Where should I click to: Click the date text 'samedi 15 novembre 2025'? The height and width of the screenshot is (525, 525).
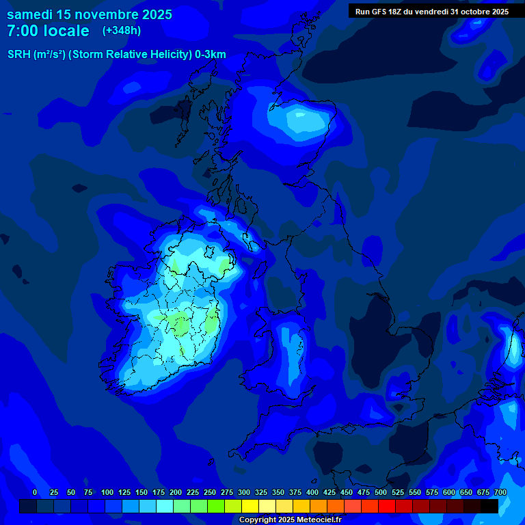(x=89, y=14)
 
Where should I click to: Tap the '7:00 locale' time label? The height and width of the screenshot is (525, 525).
(x=48, y=31)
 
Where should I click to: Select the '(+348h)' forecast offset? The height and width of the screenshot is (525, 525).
(x=122, y=31)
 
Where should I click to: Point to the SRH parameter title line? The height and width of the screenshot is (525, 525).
(x=116, y=55)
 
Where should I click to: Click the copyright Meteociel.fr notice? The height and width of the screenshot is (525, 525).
(x=290, y=520)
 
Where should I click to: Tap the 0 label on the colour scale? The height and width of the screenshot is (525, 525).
(x=35, y=492)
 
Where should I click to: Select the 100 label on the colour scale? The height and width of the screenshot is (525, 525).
(x=107, y=492)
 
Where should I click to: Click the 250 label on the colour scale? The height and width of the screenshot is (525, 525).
(x=210, y=492)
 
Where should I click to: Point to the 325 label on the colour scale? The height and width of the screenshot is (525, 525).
(x=261, y=492)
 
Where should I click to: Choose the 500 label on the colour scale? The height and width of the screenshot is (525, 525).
(x=381, y=492)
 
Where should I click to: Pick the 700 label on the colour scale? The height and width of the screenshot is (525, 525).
(x=500, y=492)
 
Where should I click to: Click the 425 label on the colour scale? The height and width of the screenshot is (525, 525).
(x=329, y=492)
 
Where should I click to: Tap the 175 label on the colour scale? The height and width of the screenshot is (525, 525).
(x=159, y=492)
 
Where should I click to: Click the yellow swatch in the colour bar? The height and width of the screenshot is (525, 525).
(x=250, y=506)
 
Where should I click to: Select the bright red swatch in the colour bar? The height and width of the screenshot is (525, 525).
(x=387, y=506)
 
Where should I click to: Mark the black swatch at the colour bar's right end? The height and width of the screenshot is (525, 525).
(x=489, y=506)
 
